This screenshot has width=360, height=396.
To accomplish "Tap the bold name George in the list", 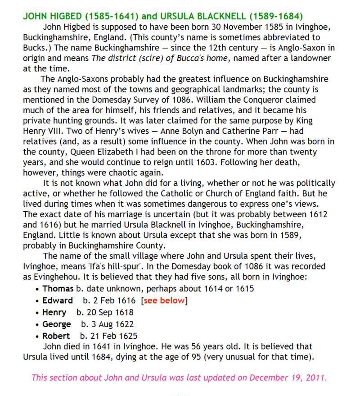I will click(57, 324).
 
